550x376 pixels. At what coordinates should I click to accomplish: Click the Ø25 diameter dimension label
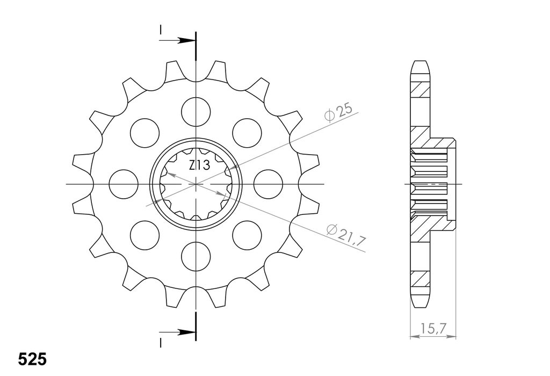[338, 112]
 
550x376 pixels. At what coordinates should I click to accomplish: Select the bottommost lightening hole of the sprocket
[196, 256]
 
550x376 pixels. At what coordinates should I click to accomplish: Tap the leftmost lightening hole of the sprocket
[124, 184]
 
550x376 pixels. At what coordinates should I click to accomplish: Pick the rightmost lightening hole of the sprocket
[268, 184]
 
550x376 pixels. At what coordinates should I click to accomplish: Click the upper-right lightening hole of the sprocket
[247, 133]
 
